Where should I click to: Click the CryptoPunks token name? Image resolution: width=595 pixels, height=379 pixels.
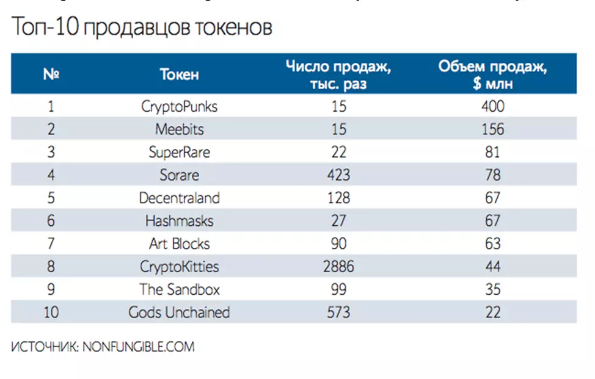pos(179,106)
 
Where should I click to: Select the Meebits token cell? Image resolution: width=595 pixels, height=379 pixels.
pos(179,129)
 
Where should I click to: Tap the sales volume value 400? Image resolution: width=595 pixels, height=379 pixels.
pos(492,106)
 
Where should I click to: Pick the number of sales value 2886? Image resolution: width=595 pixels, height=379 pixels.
pos(338,267)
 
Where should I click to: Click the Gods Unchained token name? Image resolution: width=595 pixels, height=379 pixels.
pos(179,312)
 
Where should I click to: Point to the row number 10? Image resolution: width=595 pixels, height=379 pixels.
pos(51,312)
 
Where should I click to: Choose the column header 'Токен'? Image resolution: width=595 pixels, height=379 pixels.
pos(179,74)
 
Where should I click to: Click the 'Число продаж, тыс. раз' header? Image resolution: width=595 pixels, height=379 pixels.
pos(338,74)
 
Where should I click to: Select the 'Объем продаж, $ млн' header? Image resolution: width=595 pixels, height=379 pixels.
pos(492,74)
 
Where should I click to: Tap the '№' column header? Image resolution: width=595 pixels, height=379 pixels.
pos(51,74)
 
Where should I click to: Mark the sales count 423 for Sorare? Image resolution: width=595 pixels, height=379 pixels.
pos(338,175)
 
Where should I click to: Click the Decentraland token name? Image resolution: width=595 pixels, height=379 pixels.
pos(179,198)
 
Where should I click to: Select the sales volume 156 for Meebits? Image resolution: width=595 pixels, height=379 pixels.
pos(492,129)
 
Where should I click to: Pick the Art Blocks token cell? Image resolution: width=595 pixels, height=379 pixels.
pos(179,244)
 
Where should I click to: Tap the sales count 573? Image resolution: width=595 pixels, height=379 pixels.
pos(338,312)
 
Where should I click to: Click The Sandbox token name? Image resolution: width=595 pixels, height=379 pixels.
pos(179,289)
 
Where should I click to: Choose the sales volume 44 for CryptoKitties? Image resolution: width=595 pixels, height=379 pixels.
pos(492,267)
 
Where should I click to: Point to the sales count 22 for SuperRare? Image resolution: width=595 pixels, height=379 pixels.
pos(338,152)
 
